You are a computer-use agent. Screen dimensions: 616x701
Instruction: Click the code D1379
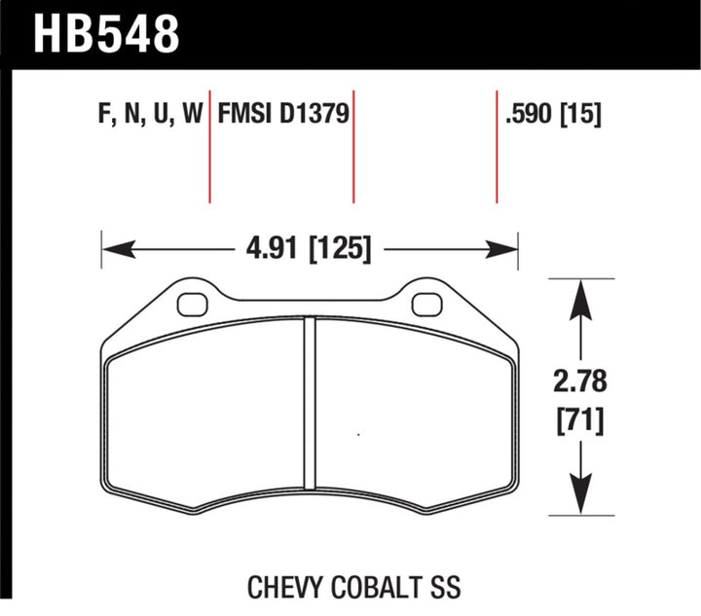[314, 116]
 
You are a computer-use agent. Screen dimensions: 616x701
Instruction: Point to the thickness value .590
[527, 116]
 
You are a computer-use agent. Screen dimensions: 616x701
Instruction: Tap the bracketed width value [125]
[339, 250]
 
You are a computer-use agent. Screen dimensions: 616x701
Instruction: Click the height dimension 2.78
[581, 378]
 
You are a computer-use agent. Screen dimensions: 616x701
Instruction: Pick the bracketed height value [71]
[581, 420]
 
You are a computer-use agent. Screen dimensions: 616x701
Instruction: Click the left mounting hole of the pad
[192, 304]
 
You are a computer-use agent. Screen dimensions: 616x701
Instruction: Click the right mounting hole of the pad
[426, 304]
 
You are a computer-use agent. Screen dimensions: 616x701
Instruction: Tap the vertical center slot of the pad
[310, 403]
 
